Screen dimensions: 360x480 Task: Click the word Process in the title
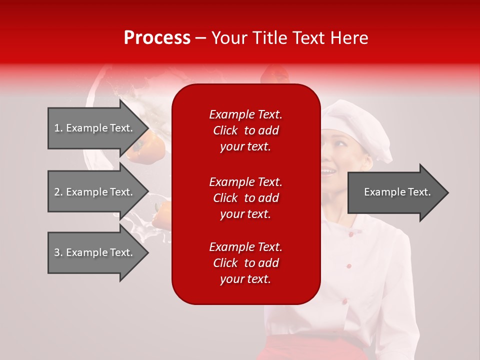click(157, 38)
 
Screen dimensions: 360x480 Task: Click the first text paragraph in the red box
click(245, 130)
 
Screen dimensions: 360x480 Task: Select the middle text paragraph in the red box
click(245, 198)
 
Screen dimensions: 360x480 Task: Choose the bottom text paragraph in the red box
click(245, 263)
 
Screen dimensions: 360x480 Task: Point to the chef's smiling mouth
click(328, 172)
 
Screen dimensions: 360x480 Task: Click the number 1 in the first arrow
click(57, 128)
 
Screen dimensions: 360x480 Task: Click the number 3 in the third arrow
click(57, 252)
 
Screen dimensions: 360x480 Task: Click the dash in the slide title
click(201, 38)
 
